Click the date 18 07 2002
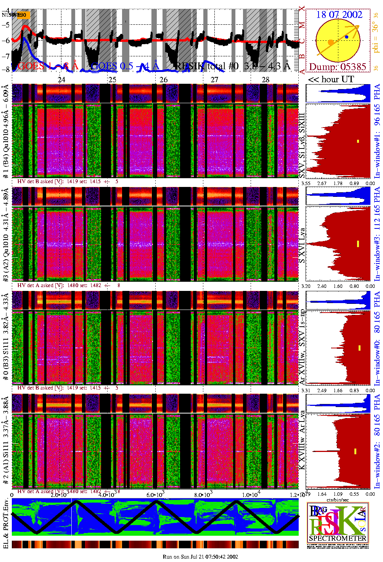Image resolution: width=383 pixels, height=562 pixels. pyautogui.click(x=339, y=15)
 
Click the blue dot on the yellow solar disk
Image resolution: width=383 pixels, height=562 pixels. pyautogui.click(x=346, y=37)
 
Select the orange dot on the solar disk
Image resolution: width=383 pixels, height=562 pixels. pyautogui.click(x=331, y=42)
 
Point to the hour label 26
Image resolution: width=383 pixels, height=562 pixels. pyautogui.click(x=163, y=80)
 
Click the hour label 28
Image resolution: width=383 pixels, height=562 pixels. pyautogui.click(x=266, y=80)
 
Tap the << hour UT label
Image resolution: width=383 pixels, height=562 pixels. pyautogui.click(x=331, y=80)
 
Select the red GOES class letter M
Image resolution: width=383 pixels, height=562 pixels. pyautogui.click(x=302, y=25)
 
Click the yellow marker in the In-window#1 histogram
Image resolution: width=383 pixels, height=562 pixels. pyautogui.click(x=358, y=141)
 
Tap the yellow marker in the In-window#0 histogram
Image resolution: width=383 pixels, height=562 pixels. pyautogui.click(x=359, y=348)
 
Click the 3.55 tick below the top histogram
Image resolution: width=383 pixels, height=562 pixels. pyautogui.click(x=306, y=183)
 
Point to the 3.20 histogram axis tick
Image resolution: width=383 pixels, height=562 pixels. pyautogui.click(x=306, y=286)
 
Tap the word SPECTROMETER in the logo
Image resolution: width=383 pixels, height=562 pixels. pyautogui.click(x=338, y=538)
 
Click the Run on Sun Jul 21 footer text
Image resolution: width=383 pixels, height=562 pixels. pyautogui.click(x=200, y=557)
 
